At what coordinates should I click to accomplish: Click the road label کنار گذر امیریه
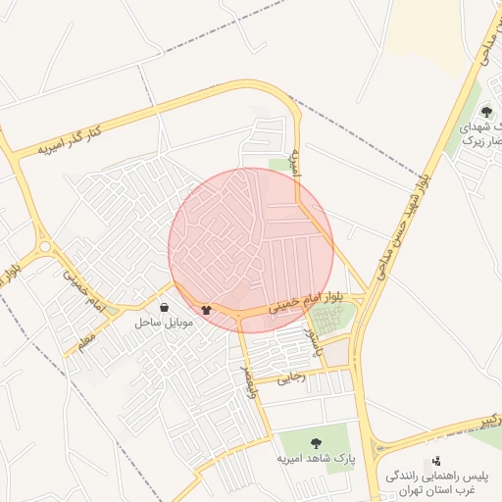coord(71,137)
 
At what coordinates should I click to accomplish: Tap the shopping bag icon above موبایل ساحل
coord(163,307)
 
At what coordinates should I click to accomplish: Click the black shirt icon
coord(206,310)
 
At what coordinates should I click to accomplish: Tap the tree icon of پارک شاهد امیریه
coord(316,443)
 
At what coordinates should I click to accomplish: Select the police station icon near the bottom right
coord(436,461)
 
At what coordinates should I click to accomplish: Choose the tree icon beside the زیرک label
coord(486,112)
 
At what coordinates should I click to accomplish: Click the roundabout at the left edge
coord(43,246)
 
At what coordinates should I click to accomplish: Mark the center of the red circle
coord(251,250)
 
